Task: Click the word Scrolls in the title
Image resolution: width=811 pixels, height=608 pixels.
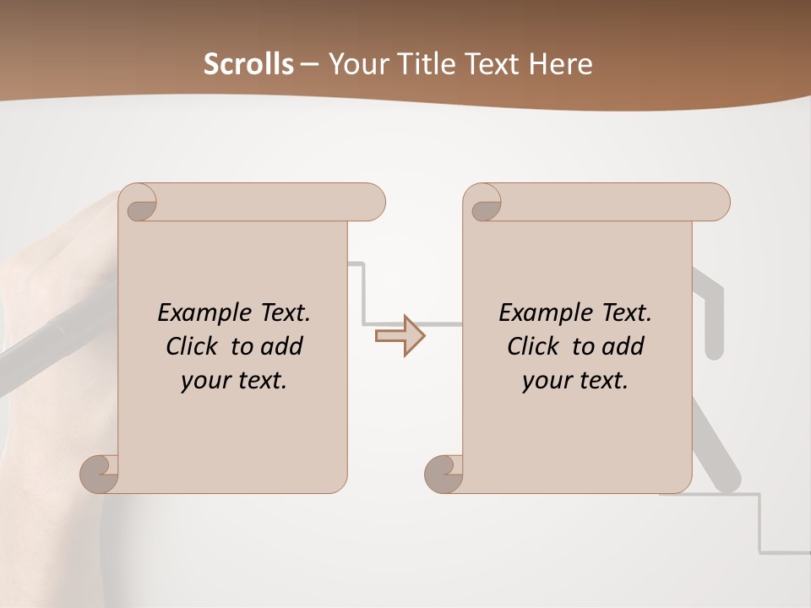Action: (248, 63)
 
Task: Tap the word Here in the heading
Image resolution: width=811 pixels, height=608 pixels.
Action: (562, 63)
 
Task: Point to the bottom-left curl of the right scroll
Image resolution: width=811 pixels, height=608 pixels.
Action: (445, 475)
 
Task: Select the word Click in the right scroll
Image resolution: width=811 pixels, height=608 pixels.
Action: (533, 346)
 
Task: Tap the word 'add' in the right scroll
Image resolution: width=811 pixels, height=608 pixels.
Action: (623, 346)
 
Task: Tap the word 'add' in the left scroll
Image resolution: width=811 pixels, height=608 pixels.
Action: (282, 346)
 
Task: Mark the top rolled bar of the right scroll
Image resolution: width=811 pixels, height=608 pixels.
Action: (608, 202)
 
